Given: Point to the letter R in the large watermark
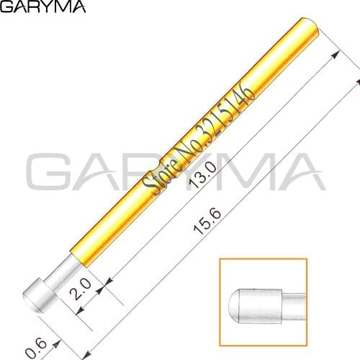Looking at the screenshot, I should coord(152,177).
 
